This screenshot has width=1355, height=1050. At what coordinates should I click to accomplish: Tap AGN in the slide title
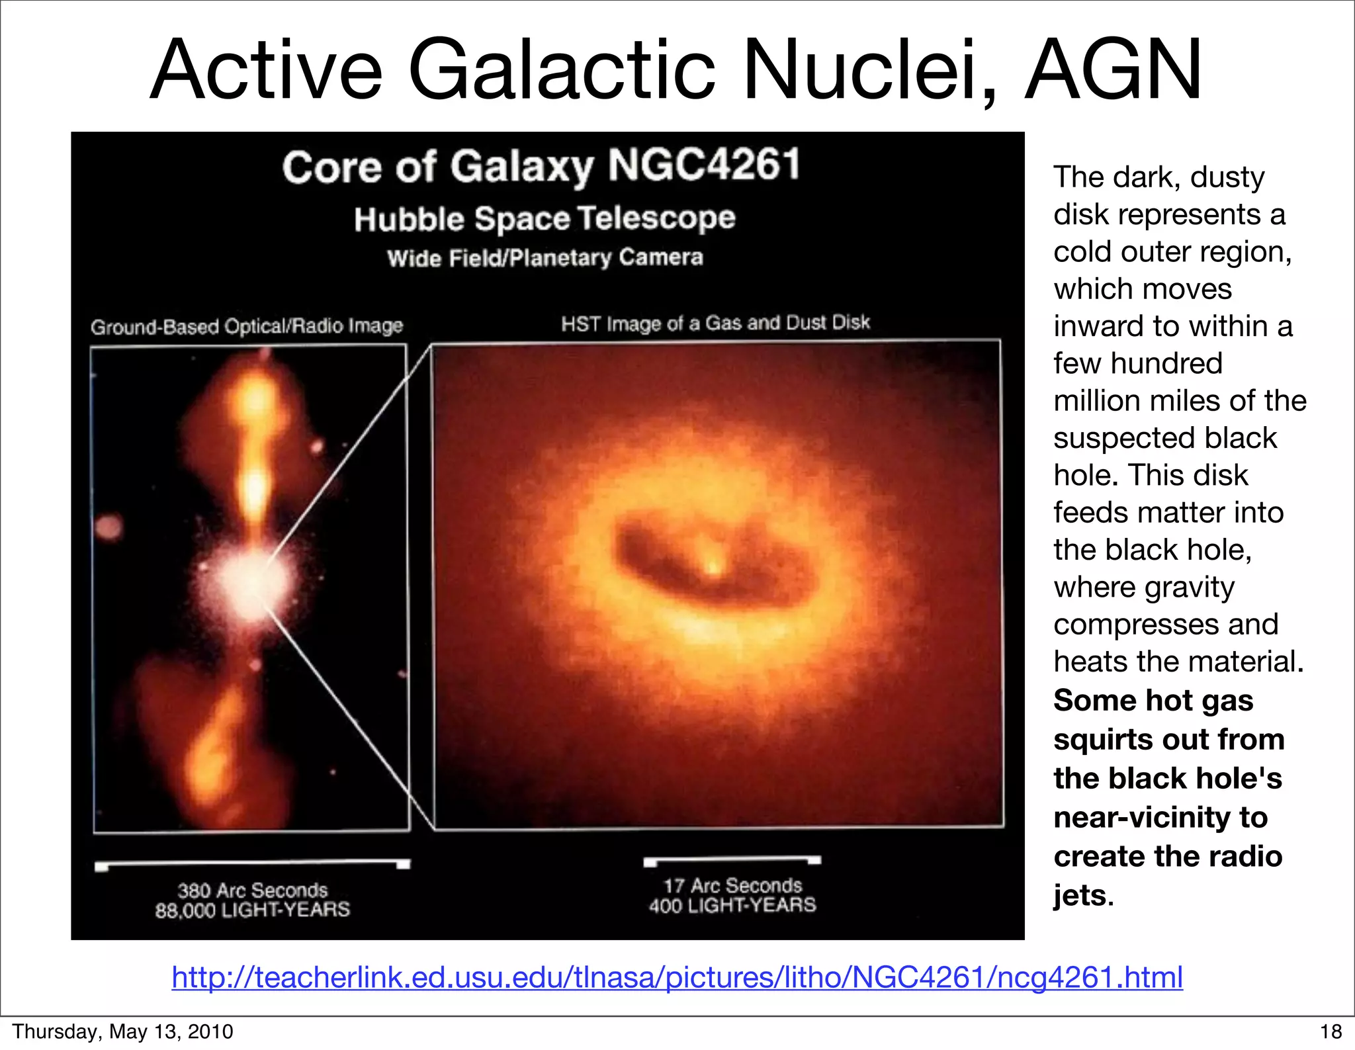pos(1113,70)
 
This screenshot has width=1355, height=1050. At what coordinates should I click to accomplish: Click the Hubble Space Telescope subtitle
pos(545,219)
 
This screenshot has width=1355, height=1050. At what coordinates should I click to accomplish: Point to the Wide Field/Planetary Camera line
pos(545,257)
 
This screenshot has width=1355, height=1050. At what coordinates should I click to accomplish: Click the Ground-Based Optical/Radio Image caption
pos(247,326)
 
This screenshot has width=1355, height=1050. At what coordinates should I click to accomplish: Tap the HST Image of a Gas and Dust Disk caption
pos(715,323)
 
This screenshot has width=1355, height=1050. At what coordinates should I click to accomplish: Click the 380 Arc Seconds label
pos(252,890)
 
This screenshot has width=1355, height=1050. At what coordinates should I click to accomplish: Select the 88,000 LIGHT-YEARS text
pos(252,910)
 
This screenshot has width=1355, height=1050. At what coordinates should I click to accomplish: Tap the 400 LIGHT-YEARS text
pos(732,905)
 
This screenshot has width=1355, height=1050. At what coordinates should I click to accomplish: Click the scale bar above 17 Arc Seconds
pos(732,860)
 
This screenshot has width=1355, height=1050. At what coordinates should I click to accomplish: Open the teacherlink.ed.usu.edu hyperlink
pos(677,977)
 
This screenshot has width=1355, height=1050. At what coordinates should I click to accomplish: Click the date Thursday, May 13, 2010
pos(122,1031)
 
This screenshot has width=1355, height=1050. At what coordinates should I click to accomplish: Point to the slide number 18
pos(1331,1031)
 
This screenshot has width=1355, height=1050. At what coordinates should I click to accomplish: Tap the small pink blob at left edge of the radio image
pos(109,527)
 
